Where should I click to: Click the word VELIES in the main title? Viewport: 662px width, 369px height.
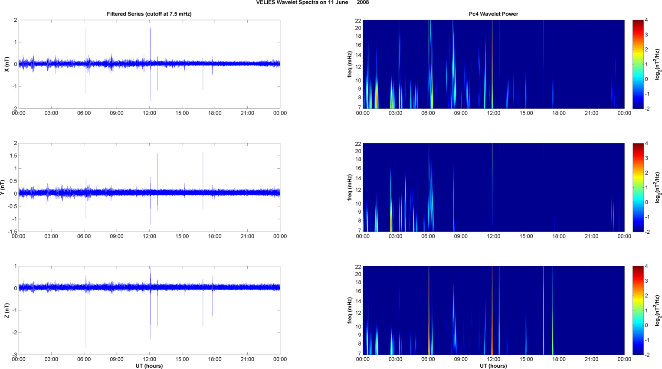[265, 3]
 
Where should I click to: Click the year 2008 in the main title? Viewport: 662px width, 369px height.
[363, 3]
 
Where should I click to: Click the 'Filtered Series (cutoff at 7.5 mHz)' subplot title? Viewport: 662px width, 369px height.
[149, 14]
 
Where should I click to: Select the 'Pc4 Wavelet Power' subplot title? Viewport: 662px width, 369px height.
[493, 14]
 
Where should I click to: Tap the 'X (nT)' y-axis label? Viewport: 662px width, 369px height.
[7, 64]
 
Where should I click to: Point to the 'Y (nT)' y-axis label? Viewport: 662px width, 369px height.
[3, 187]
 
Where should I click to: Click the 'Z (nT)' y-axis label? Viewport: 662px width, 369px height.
[7, 310]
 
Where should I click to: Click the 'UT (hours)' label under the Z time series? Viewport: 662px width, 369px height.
[149, 366]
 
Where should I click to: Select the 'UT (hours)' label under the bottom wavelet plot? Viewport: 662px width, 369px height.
[493, 366]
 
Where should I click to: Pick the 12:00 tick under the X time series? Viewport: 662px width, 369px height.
[149, 113]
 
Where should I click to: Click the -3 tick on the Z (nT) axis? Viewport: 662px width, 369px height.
[14, 355]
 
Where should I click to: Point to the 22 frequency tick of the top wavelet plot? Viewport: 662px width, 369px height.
[358, 20]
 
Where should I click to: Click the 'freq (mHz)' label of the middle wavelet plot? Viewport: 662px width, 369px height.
[350, 187]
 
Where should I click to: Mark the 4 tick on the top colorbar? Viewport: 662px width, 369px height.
[646, 20]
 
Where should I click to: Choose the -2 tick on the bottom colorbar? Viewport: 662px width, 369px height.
[647, 355]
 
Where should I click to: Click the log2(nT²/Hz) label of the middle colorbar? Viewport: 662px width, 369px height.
[658, 187]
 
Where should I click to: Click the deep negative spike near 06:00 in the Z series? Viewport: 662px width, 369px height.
[86, 345]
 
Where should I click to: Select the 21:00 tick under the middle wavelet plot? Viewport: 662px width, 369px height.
[591, 236]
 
